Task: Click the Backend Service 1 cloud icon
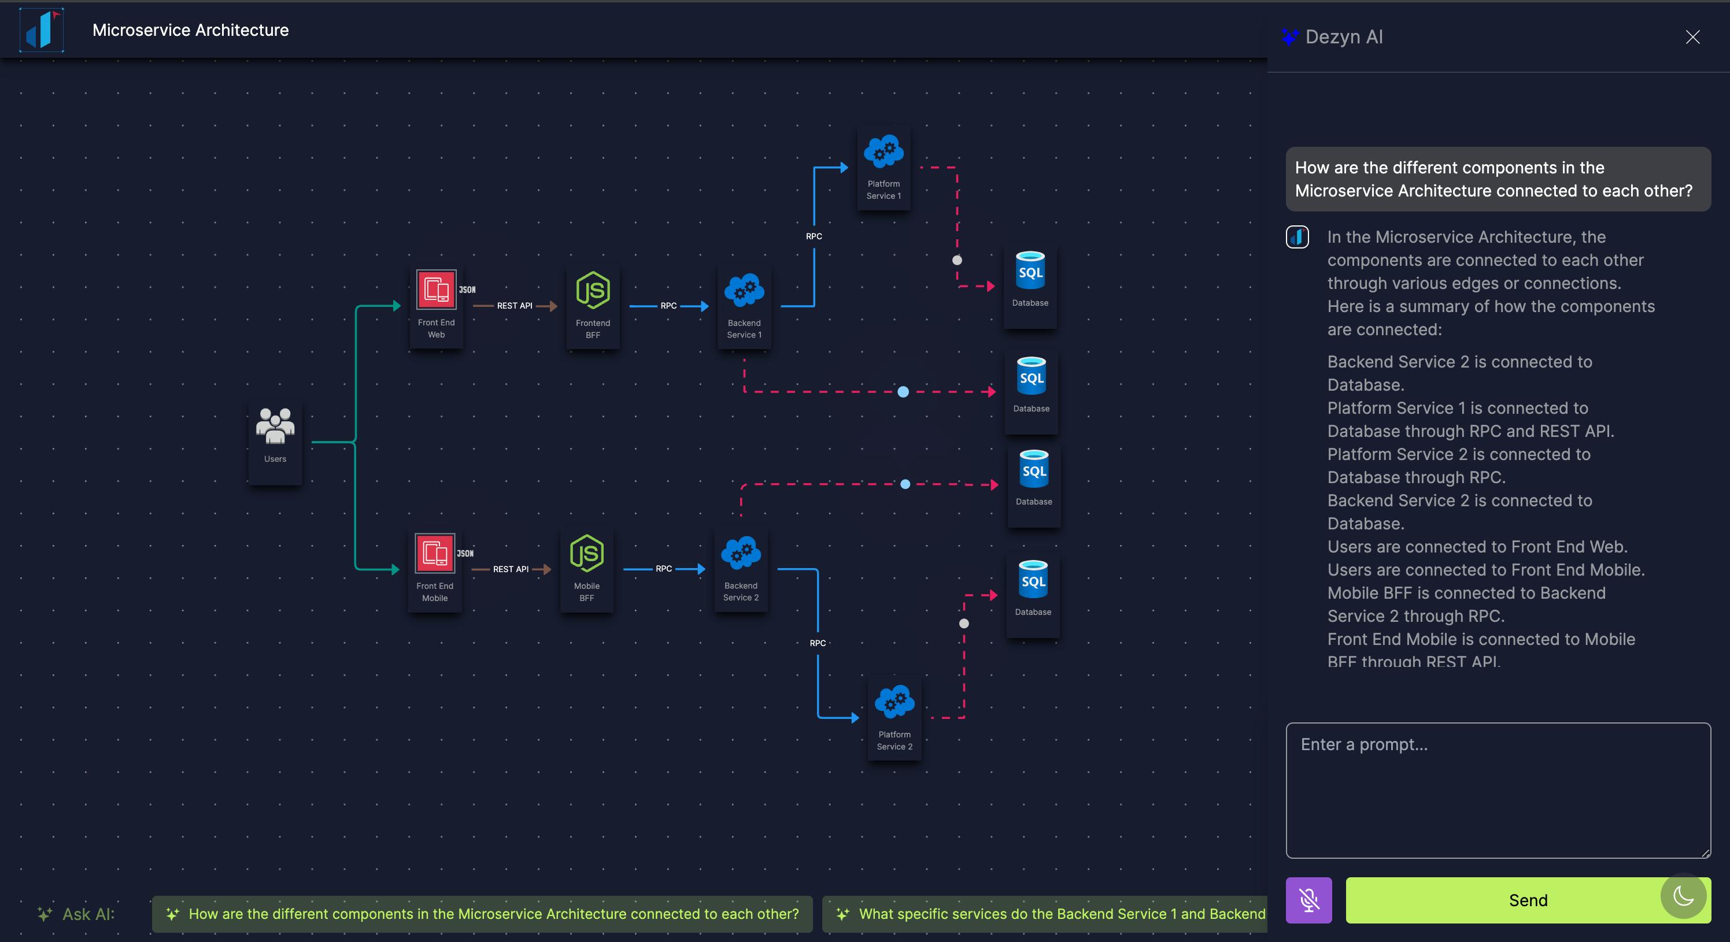point(744,291)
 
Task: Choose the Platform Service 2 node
point(894,718)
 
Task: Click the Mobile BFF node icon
point(587,553)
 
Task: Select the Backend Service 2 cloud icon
point(741,554)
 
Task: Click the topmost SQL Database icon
point(1030,270)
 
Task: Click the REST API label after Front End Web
point(515,306)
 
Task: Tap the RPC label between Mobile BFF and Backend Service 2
point(664,569)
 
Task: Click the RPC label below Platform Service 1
point(814,236)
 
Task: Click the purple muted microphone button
point(1309,900)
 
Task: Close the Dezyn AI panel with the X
point(1692,37)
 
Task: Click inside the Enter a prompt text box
point(1498,790)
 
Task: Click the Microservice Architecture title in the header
point(191,30)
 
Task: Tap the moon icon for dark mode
point(1684,896)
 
